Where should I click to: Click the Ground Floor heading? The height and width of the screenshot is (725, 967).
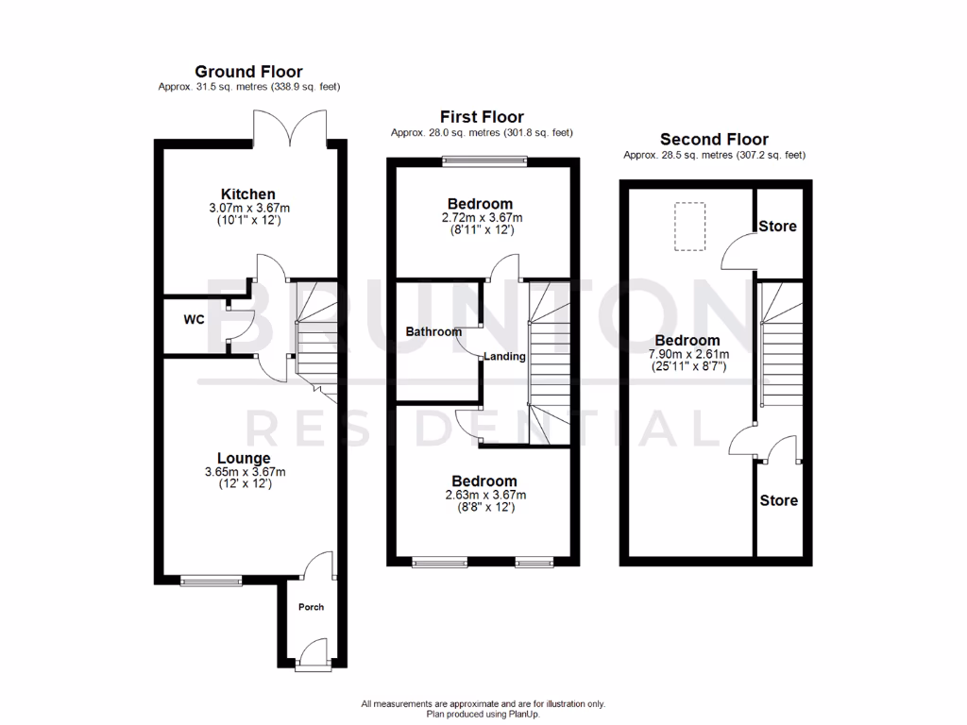click(248, 71)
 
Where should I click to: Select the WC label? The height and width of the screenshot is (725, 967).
click(194, 320)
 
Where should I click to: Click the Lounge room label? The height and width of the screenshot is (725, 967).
click(244, 459)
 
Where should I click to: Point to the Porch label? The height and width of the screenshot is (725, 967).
click(311, 607)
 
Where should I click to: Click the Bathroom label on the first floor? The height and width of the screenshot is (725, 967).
click(433, 332)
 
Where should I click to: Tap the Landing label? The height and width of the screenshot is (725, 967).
click(505, 356)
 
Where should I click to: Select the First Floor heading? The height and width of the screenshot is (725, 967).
click(482, 117)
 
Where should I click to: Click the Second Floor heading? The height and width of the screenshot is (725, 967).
click(714, 139)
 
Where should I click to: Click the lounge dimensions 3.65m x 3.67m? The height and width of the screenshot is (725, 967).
click(245, 472)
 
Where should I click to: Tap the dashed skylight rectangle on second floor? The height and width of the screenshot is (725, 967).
click(690, 226)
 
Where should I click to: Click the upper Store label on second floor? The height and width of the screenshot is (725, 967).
click(779, 227)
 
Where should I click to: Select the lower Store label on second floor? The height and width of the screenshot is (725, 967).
click(779, 500)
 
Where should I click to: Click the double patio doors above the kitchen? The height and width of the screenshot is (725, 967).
click(293, 127)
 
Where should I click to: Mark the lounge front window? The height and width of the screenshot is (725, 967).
click(211, 580)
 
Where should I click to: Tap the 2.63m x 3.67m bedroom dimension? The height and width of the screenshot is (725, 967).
click(483, 495)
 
